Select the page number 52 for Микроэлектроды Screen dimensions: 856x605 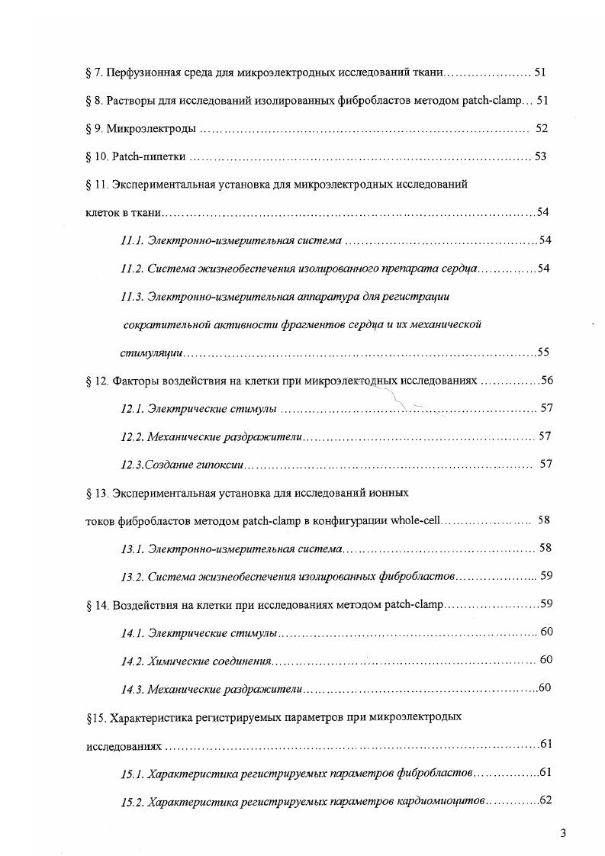coord(542,129)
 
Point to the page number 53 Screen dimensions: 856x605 coord(541,157)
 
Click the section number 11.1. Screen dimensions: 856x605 coord(131,241)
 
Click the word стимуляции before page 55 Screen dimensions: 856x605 coord(152,352)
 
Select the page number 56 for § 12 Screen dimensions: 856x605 coord(546,380)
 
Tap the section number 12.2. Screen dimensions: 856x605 coord(131,436)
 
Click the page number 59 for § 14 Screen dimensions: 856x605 coord(546,604)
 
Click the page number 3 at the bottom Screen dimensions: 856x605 coord(563,832)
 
